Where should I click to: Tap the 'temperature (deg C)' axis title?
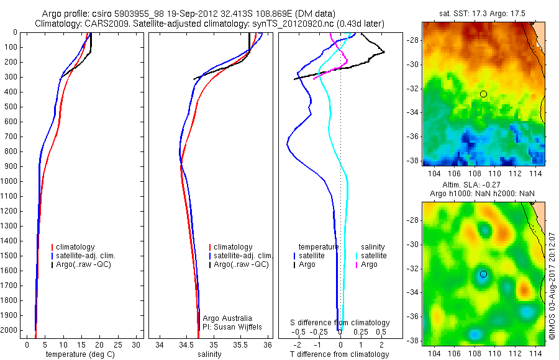tap(81, 354)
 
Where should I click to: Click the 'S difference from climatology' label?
tap(340, 323)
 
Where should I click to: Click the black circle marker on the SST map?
tap(483, 94)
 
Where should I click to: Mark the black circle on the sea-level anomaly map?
tap(483, 274)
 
